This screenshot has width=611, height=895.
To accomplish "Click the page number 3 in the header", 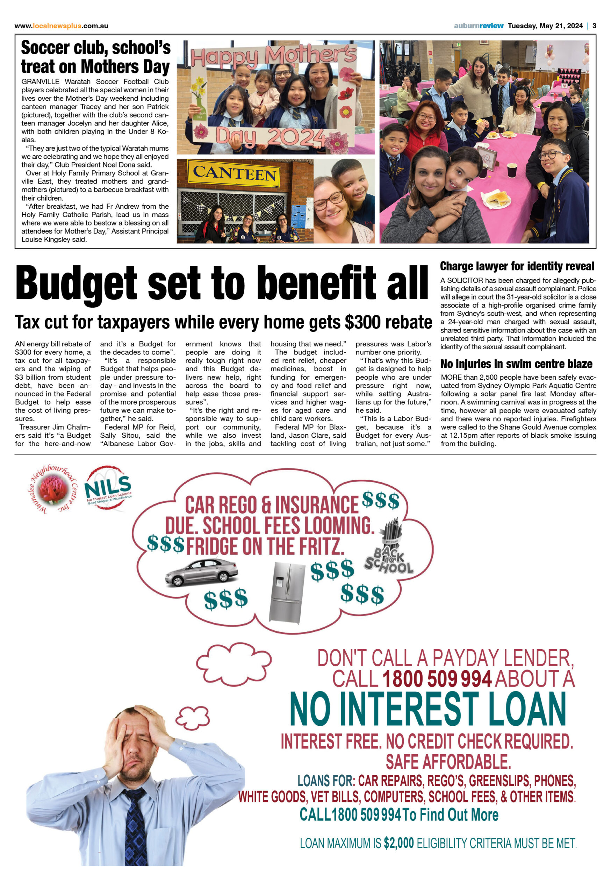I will pyautogui.click(x=594, y=26).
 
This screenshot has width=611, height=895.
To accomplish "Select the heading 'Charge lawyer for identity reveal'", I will pyautogui.click(x=517, y=266).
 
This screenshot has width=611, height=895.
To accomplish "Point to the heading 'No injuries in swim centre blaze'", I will pyautogui.click(x=516, y=364).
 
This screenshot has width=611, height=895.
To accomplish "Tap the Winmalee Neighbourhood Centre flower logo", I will pyautogui.click(x=53, y=489).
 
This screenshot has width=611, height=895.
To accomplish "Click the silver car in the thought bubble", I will pyautogui.click(x=201, y=572).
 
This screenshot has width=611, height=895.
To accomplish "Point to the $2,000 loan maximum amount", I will pyautogui.click(x=398, y=843).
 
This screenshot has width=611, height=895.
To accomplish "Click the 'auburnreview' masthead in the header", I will pyautogui.click(x=478, y=26).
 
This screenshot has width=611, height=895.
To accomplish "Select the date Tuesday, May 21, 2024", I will pyautogui.click(x=545, y=26).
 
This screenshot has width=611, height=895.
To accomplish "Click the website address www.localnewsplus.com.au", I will pyautogui.click(x=61, y=26).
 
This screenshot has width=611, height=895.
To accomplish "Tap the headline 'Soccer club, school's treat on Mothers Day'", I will pyautogui.click(x=95, y=57).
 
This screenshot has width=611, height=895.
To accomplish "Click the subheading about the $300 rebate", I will pyautogui.click(x=223, y=322).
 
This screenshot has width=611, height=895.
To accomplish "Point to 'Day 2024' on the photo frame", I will pyautogui.click(x=269, y=137).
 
